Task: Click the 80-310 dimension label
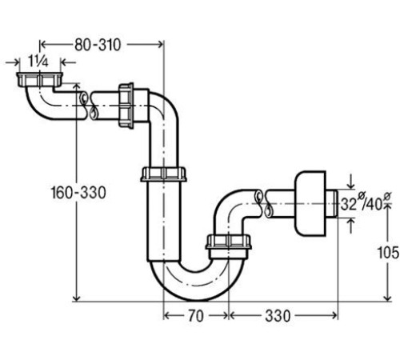point(98,45)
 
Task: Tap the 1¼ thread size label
point(38,62)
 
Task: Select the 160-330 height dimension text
point(78,193)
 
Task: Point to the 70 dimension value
point(196,316)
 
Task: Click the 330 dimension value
point(278,316)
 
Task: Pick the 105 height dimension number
point(388,252)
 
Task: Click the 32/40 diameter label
point(366,203)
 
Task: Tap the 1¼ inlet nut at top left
point(39,79)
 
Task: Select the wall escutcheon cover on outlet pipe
point(310,204)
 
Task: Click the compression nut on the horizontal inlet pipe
point(126,106)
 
